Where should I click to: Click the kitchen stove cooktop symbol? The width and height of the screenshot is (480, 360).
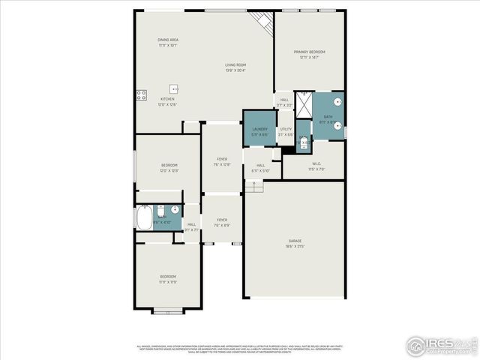tap(140, 95)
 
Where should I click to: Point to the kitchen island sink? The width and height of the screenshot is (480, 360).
tap(174, 88)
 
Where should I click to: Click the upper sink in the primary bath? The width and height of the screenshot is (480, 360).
tap(338, 100)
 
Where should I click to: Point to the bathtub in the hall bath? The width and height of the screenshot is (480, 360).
tap(144, 217)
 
